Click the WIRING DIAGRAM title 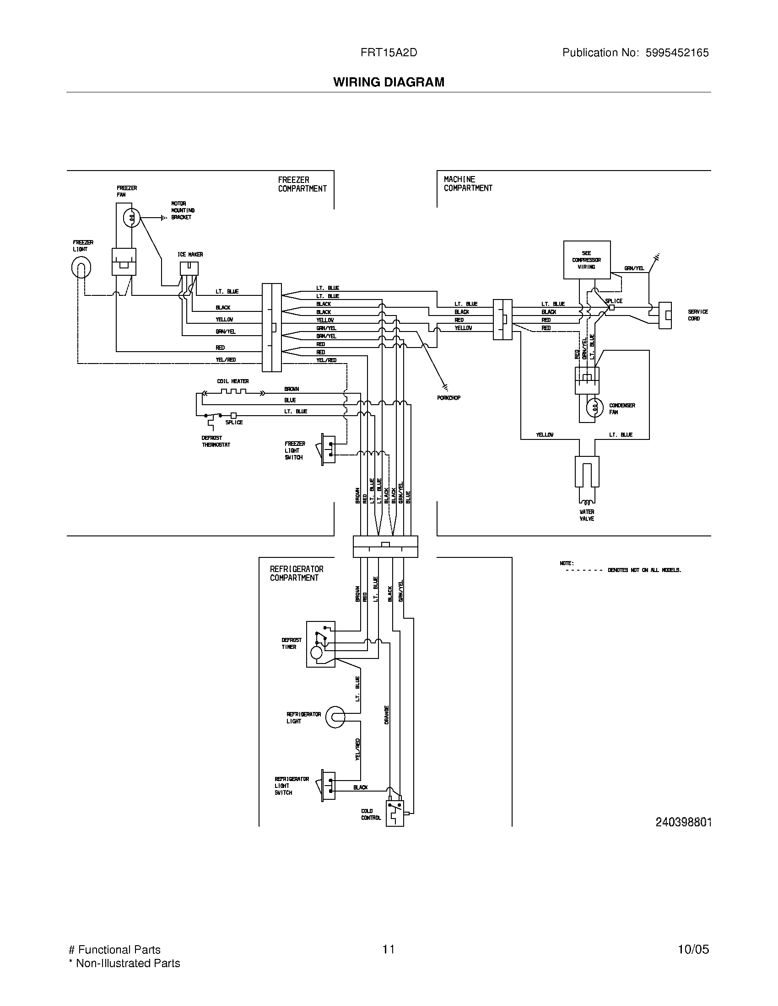[389, 82]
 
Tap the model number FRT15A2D [389, 53]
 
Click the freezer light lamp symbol [81, 267]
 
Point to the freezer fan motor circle [132, 217]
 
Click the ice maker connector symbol [189, 268]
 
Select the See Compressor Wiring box [586, 260]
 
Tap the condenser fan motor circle [595, 407]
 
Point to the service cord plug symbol [665, 316]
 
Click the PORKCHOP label [448, 397]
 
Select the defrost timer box [320, 644]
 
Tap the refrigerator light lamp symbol [335, 717]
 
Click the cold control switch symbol [394, 813]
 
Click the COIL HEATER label [233, 381]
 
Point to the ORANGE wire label [386, 715]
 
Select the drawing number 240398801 [683, 822]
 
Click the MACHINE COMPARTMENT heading [468, 183]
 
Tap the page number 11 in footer [388, 949]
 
